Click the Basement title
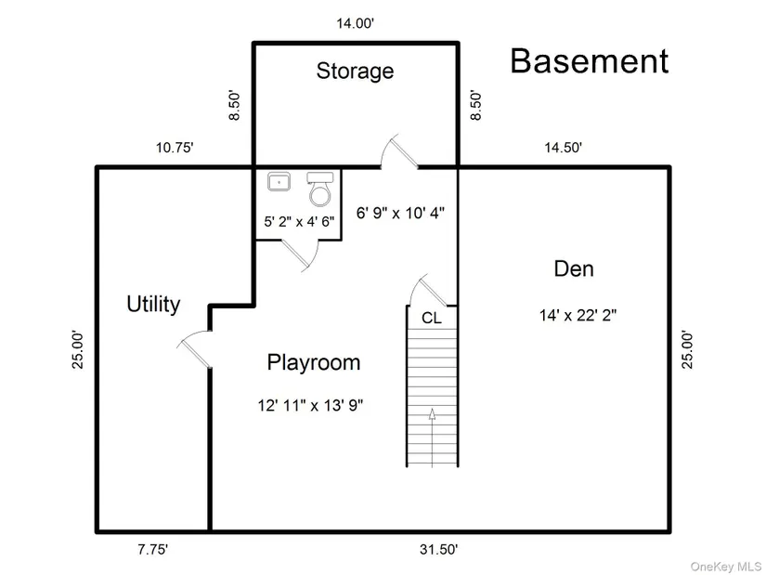590,61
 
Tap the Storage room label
355,71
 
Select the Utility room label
153,304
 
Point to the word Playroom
314,363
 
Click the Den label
574,268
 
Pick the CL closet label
432,319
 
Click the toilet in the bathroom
320,189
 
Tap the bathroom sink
279,181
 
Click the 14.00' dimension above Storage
356,23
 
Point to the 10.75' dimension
175,147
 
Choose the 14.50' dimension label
564,147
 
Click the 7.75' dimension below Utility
152,550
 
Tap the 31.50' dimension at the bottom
438,550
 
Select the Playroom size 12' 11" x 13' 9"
311,405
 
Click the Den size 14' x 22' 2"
578,316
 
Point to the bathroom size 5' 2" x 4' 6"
299,221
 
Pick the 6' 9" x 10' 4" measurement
400,213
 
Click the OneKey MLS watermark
725,567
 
